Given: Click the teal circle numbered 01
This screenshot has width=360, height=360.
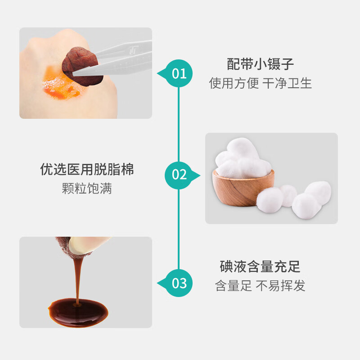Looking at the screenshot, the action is click(179, 73).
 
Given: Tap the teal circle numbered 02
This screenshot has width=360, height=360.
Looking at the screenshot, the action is click(179, 175).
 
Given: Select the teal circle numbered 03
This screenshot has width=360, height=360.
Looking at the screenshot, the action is click(179, 283).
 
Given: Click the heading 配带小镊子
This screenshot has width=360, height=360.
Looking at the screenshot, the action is click(261, 64).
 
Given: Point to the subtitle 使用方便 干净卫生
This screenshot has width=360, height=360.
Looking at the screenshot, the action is click(261, 83).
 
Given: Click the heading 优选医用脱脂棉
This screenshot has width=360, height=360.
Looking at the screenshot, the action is click(87, 170).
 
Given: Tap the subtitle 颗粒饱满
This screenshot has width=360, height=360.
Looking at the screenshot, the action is click(87, 189).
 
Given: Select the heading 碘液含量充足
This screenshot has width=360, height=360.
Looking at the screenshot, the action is click(260, 266).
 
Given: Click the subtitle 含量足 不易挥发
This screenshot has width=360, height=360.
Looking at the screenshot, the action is click(260, 286).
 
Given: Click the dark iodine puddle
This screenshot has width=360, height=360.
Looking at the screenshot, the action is click(78, 313).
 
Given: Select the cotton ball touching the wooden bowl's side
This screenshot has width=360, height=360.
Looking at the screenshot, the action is click(270, 200).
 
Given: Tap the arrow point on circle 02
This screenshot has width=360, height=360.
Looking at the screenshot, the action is click(199, 175).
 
